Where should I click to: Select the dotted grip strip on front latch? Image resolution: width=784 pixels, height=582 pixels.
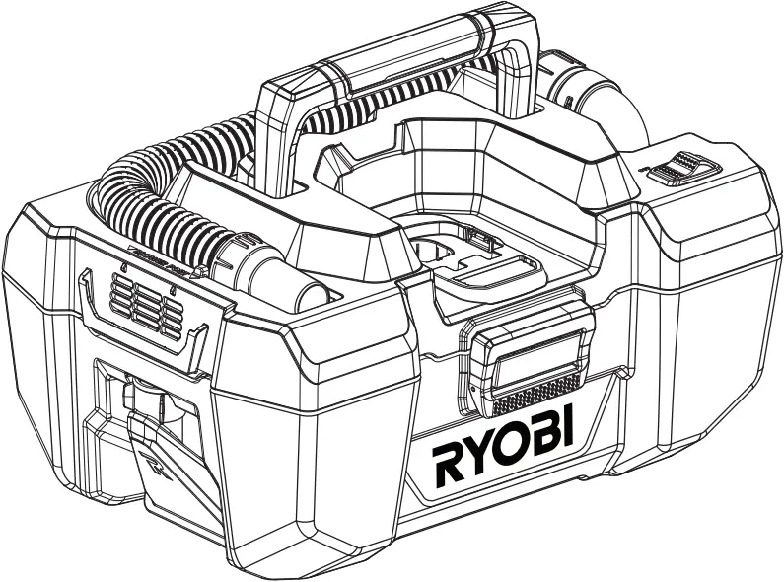point(537,396)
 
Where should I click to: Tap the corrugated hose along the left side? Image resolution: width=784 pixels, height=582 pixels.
point(148,197)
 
